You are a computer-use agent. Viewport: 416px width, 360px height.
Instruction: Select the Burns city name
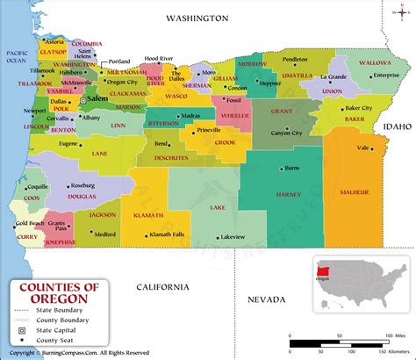(x=292, y=166)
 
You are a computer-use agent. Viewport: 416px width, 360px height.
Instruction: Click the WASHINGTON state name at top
(x=197, y=18)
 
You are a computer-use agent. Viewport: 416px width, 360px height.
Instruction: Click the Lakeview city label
(x=233, y=237)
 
